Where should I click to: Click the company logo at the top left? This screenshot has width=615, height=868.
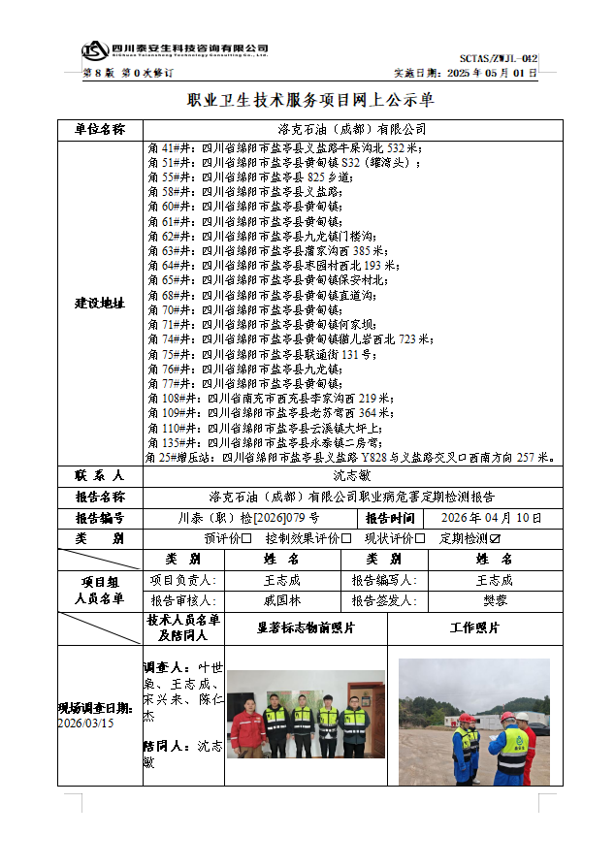point(94,49)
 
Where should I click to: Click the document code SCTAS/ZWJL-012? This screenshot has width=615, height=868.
point(511,58)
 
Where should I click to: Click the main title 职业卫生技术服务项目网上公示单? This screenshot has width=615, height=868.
point(309,100)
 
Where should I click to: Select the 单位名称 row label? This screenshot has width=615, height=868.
point(100,129)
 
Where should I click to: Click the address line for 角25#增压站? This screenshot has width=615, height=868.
point(350,456)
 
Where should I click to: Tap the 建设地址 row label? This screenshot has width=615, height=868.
point(100,303)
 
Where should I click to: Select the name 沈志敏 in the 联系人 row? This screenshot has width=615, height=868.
point(350,476)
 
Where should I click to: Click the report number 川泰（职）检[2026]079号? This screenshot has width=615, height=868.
point(248,518)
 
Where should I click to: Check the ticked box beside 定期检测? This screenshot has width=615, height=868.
point(495,538)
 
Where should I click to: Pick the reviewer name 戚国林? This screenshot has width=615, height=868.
point(282,600)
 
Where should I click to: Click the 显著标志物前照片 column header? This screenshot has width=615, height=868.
point(306,628)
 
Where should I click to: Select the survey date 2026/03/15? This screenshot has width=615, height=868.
point(86,723)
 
